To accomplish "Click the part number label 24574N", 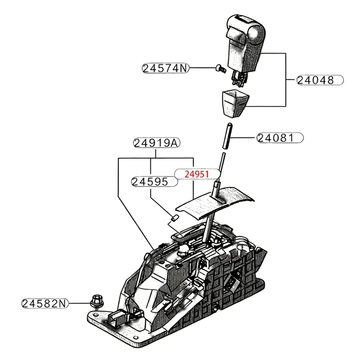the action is point(165,68).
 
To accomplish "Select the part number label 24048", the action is point(320,80).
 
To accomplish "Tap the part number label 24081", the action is point(280,138).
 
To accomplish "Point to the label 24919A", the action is point(157,143).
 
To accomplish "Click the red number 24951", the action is point(197,174).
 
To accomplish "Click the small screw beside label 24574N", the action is point(221,68).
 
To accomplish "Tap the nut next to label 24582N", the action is point(97,301).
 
